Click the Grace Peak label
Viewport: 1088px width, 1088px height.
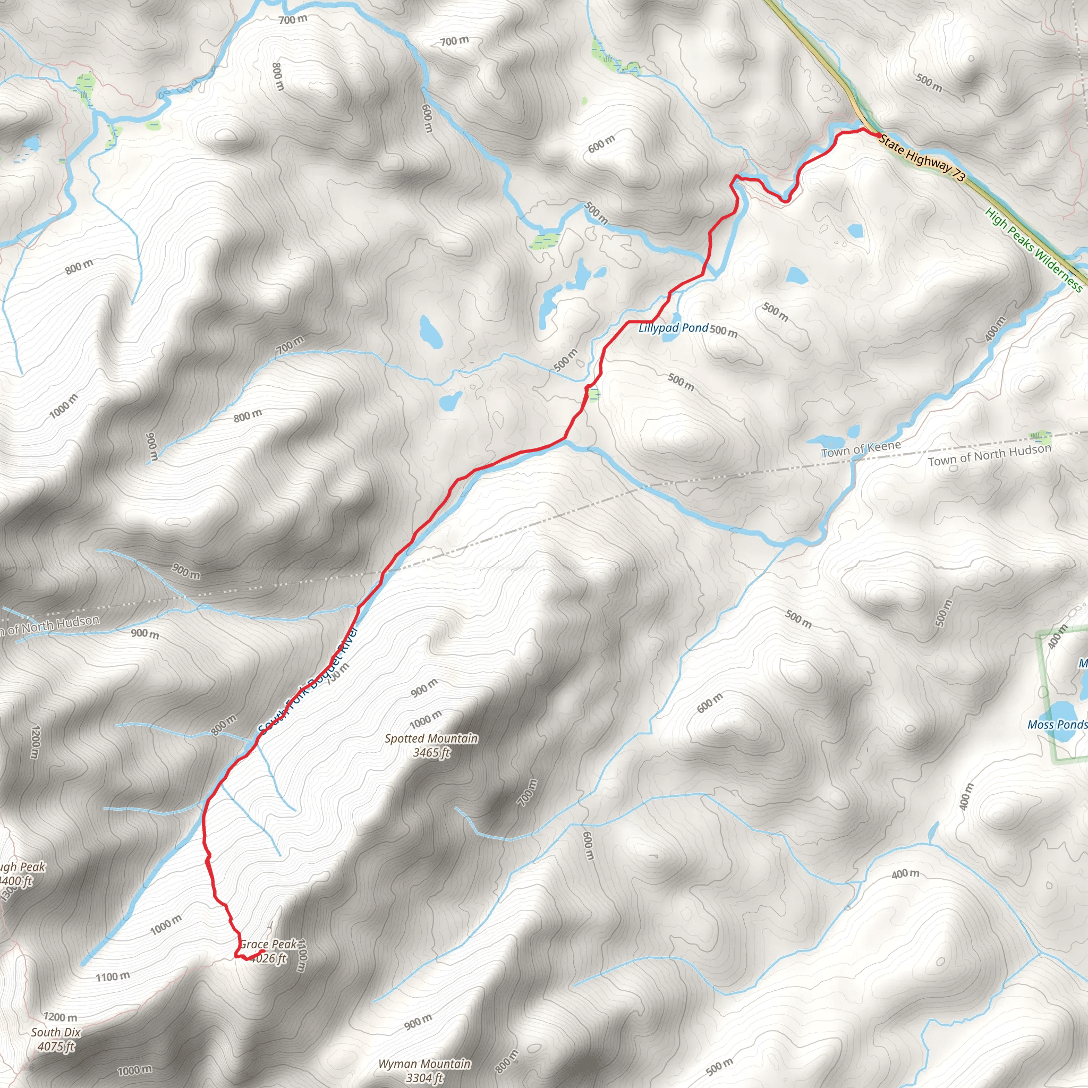(x=268, y=944)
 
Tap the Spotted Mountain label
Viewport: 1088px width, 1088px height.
(x=431, y=738)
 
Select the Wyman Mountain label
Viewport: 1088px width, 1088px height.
(x=424, y=1064)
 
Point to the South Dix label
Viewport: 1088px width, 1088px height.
(x=56, y=1032)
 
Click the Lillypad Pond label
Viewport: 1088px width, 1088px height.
(x=673, y=328)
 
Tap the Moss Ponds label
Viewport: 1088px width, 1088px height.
(x=1057, y=725)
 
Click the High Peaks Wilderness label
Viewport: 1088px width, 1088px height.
(x=1033, y=250)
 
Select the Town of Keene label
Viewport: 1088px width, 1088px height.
(x=861, y=449)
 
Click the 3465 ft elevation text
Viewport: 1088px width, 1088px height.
(x=431, y=753)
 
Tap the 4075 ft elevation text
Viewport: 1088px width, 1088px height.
(x=56, y=1047)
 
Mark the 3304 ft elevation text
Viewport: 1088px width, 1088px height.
(x=424, y=1078)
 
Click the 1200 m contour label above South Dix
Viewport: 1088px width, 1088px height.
(x=60, y=1017)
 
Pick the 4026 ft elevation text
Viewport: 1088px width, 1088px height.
(x=269, y=958)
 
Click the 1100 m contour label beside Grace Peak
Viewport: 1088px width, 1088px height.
(x=301, y=955)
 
